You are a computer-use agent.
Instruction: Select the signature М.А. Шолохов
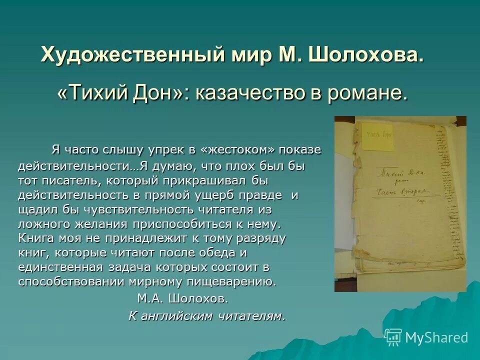(182, 299)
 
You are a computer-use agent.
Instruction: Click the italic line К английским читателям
(206, 316)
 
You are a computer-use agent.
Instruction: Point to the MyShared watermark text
(436, 338)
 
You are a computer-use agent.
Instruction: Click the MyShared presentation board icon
(393, 337)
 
